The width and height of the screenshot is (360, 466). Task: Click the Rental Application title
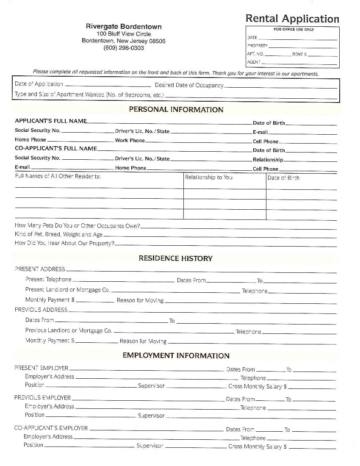(292, 19)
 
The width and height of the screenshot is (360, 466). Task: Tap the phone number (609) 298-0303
(124, 48)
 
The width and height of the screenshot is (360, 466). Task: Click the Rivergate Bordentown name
(124, 26)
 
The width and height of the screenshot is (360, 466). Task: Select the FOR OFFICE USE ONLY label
(294, 30)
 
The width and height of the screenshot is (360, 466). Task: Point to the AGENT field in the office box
(254, 62)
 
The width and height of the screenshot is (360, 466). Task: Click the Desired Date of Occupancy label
(189, 85)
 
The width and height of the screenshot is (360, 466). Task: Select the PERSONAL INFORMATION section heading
(176, 109)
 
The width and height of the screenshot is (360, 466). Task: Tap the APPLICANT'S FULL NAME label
(51, 121)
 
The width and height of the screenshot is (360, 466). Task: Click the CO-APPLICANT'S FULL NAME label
(56, 148)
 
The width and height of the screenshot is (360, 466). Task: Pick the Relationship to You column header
(208, 177)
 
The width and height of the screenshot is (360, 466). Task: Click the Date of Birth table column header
(283, 178)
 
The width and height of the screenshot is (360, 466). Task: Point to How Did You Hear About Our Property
(64, 244)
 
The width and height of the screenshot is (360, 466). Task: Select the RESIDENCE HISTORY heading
(175, 258)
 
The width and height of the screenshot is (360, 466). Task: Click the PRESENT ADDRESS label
(40, 269)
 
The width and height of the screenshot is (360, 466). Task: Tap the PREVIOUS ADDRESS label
(41, 310)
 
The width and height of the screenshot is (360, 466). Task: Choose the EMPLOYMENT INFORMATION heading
(176, 355)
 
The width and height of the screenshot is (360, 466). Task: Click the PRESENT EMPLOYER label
(42, 368)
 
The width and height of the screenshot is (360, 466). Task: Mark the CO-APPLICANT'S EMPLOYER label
(51, 428)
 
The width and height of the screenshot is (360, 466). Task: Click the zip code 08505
(156, 41)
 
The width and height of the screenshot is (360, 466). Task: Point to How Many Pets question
(77, 226)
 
